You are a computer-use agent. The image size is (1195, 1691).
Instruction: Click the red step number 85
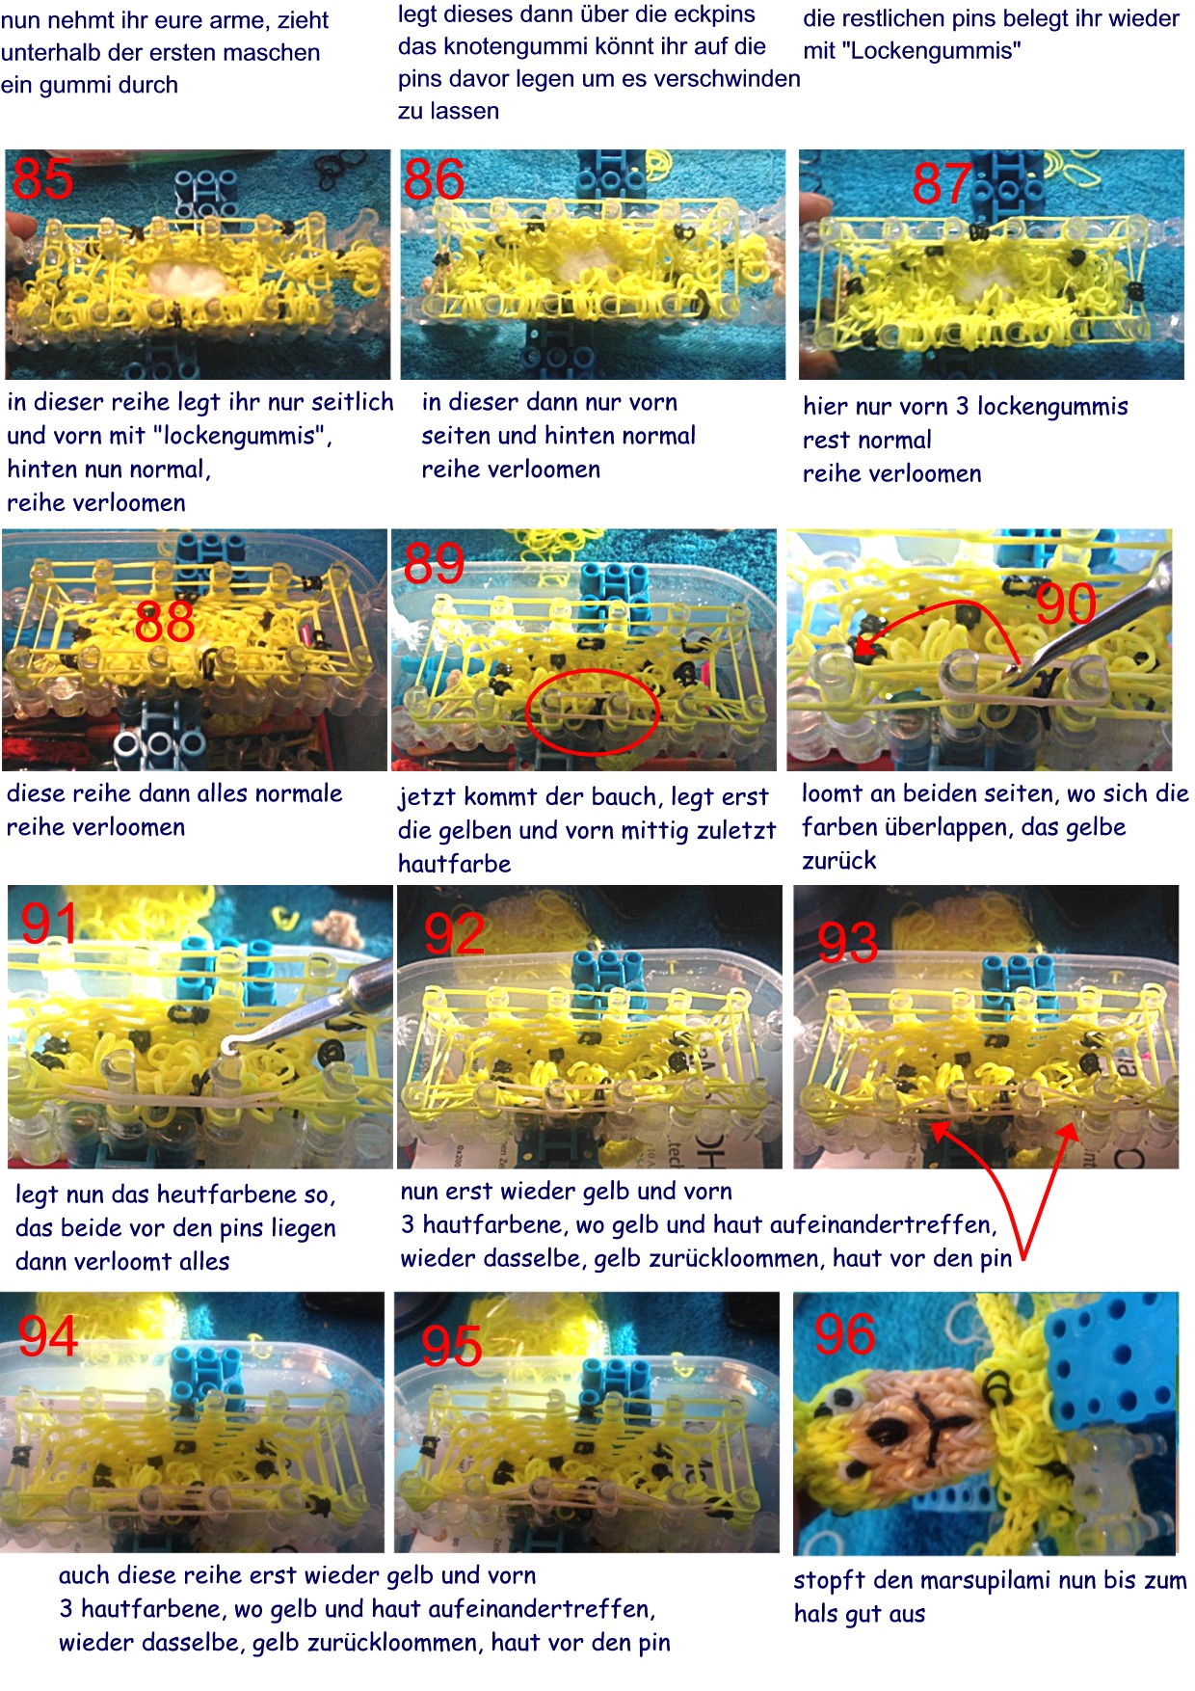coord(43,178)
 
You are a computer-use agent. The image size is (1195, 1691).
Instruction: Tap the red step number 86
coord(434,179)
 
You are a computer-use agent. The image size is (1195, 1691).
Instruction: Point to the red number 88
coord(165,622)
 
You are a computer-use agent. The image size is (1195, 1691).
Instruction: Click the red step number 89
coord(434,564)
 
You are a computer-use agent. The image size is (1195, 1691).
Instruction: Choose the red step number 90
coord(1066,604)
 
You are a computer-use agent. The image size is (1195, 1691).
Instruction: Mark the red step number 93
coord(847,942)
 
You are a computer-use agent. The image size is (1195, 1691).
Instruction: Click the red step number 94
coord(48,1337)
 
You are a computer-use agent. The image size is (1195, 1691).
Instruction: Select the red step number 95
coord(451,1346)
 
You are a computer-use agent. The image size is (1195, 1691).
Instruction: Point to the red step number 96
coord(845,1335)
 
